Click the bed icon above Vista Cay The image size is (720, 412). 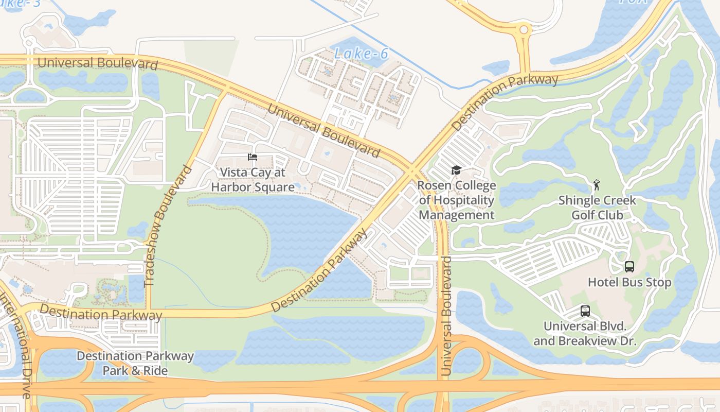252,157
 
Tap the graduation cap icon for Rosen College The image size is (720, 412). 456,170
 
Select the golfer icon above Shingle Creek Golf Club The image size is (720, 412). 597,185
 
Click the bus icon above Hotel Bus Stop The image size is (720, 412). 629,267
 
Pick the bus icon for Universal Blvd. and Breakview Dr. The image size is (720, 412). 585,311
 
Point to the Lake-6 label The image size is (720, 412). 361,53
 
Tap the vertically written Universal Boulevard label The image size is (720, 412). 446,315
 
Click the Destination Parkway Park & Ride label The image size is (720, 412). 135,363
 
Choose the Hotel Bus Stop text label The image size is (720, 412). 629,282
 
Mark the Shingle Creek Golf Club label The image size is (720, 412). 597,208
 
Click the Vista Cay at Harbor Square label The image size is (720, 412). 253,180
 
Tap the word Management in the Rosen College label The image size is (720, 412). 457,215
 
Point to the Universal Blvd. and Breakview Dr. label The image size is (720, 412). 585,333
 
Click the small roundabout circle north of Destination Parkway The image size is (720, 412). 524,30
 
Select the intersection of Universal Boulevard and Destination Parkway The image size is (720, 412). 414,168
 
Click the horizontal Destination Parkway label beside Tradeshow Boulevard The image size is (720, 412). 101,313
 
